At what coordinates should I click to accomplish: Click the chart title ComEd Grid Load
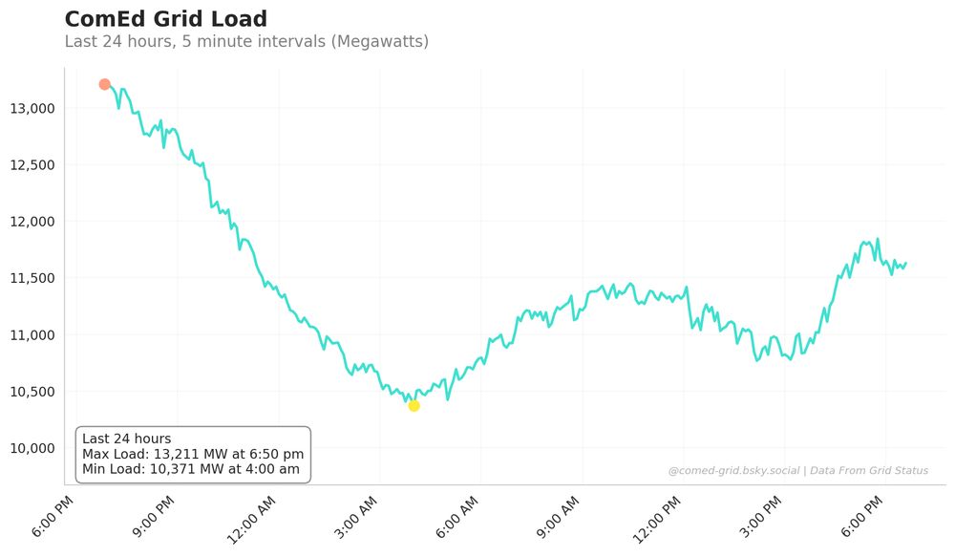point(165,19)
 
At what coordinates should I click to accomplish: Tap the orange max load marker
point(104,84)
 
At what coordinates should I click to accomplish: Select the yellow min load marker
point(414,406)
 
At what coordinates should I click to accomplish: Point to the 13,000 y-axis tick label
point(33,109)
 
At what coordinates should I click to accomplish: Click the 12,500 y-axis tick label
point(33,165)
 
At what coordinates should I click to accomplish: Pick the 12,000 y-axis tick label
point(33,222)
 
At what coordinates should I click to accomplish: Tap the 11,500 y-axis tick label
point(33,278)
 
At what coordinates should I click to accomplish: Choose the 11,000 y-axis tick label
point(33,335)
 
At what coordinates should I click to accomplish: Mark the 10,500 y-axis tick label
point(33,392)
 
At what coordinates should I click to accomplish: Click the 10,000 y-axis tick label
point(33,448)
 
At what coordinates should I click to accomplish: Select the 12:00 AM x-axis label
point(252,520)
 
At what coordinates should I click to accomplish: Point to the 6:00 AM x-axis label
point(456,519)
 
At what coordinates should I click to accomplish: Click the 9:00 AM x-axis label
point(558,519)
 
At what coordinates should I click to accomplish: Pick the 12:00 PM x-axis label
point(657,520)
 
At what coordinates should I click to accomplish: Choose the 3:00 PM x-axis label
point(760,519)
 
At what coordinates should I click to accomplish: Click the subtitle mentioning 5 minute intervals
point(246,42)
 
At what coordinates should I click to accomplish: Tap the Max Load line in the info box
point(193,454)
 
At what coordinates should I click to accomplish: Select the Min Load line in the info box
point(191,469)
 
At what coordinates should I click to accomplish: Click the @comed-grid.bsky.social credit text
point(732,471)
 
